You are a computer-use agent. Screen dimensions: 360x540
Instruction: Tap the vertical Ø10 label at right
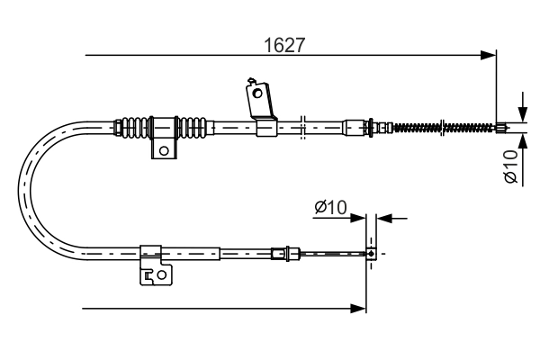tap(510, 167)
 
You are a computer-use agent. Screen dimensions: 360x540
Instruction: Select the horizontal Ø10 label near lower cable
tap(330, 208)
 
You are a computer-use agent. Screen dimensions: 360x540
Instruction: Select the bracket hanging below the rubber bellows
tap(164, 148)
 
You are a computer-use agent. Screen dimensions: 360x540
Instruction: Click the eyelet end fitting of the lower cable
tap(370, 255)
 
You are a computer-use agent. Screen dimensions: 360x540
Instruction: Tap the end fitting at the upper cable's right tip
tap(501, 128)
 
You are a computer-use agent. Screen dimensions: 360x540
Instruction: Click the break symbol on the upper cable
tap(303, 127)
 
